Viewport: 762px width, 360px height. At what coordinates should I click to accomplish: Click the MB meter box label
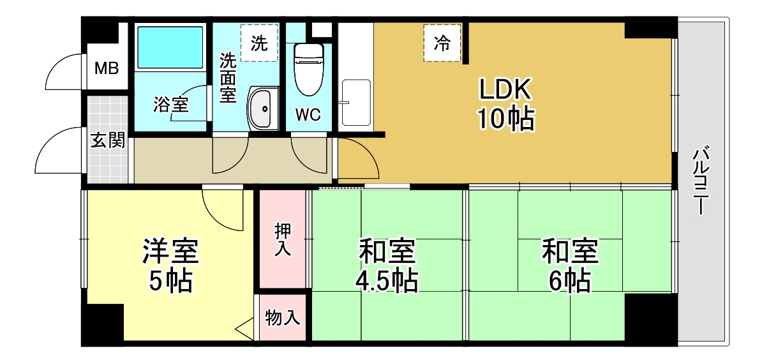click(x=107, y=68)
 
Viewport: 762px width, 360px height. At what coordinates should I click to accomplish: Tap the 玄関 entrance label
click(x=108, y=140)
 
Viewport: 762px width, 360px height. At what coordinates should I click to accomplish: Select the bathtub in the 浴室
click(x=170, y=48)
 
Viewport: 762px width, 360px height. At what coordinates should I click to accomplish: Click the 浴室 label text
click(x=170, y=105)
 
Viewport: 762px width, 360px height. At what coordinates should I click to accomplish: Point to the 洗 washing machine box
click(x=260, y=43)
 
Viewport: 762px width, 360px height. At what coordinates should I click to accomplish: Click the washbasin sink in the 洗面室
click(x=263, y=109)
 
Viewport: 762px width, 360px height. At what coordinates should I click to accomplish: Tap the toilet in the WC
click(x=309, y=70)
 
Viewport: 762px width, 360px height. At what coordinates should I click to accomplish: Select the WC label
click(x=308, y=115)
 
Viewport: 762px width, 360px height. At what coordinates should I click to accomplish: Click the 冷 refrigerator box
click(x=442, y=43)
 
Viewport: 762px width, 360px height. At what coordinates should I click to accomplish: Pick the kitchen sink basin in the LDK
click(x=356, y=103)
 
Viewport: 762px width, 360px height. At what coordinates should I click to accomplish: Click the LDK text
click(x=506, y=89)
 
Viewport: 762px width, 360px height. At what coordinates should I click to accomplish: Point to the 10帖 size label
click(x=506, y=119)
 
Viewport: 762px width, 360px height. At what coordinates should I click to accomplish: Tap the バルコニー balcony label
click(x=700, y=181)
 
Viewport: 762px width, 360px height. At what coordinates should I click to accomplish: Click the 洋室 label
click(x=170, y=251)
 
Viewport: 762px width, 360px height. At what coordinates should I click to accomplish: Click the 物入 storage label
click(x=282, y=318)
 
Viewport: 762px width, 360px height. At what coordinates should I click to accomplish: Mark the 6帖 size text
click(x=569, y=280)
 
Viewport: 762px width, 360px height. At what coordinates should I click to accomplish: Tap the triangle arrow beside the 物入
click(x=244, y=329)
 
